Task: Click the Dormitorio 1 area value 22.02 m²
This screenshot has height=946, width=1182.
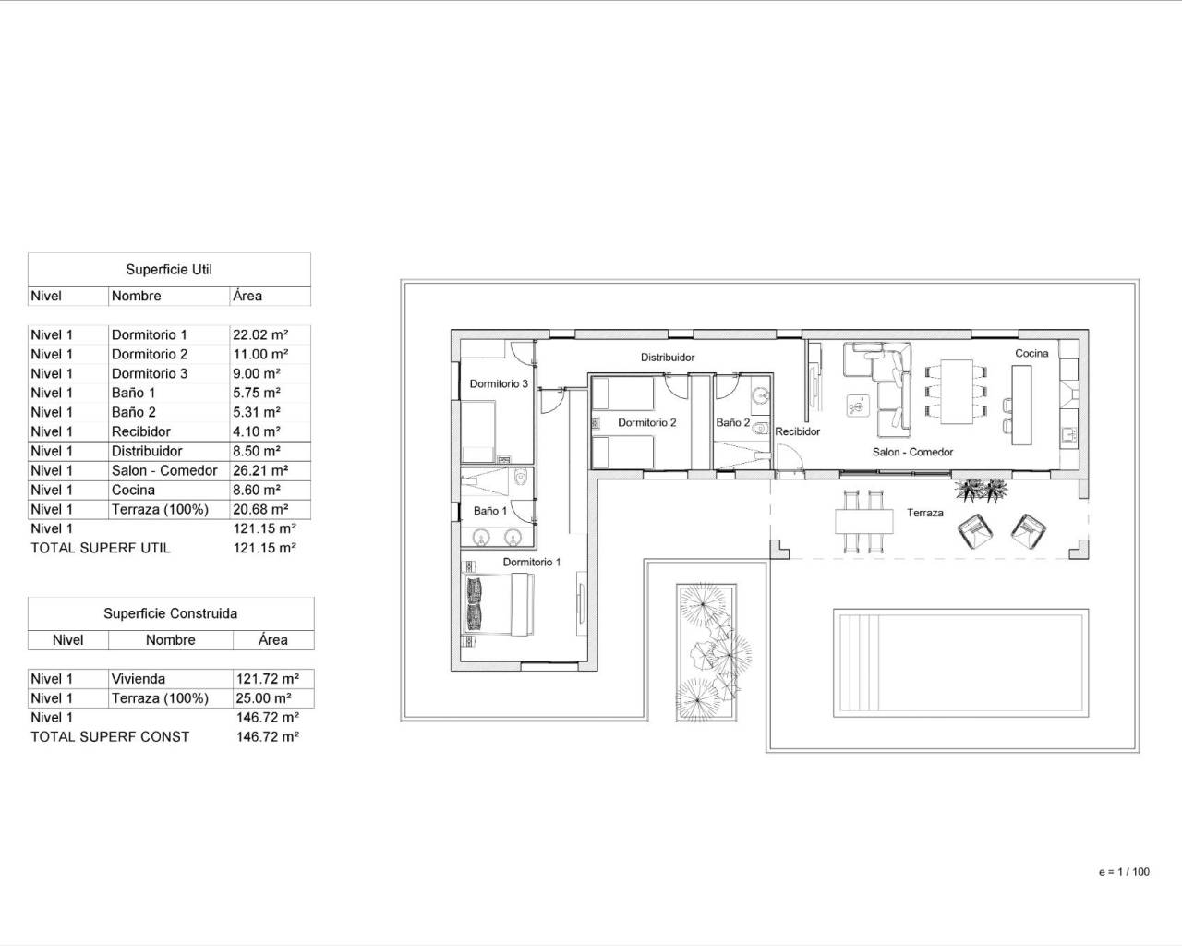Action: [259, 334]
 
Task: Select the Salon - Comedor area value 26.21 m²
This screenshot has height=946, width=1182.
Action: [259, 470]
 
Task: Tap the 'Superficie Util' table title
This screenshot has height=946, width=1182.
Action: [169, 270]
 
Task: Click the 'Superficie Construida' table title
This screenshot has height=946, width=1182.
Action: [170, 613]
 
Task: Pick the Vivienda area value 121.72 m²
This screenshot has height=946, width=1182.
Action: [266, 679]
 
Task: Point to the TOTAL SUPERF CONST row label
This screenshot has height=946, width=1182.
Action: [110, 736]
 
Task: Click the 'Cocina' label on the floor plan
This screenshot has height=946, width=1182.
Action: [1031, 353]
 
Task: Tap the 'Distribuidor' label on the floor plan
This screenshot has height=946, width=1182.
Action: [668, 358]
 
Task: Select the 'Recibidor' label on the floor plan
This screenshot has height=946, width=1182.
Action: [797, 431]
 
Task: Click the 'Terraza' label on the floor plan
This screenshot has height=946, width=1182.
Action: [924, 513]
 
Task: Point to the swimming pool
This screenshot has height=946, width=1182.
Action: [959, 663]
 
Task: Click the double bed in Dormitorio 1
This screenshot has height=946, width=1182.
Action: [499, 604]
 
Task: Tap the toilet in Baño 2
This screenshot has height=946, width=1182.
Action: [760, 429]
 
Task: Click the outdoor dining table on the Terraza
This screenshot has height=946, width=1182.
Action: [864, 522]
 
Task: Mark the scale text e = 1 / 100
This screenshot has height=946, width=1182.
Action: [1124, 871]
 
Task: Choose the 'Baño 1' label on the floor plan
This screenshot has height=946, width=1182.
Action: [490, 511]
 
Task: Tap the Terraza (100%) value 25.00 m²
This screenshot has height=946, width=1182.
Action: [262, 698]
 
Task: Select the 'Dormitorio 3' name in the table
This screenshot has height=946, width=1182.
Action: [150, 373]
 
